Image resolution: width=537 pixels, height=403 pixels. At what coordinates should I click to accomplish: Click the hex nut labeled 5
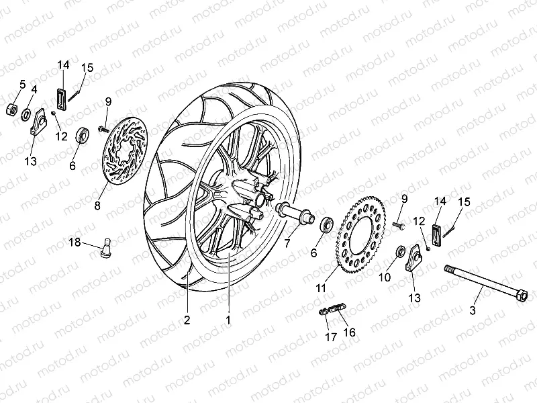coord(12,109)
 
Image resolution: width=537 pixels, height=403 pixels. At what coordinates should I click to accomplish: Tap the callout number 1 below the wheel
coord(228,320)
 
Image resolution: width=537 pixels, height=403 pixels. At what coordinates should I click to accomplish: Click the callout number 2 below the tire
coord(187,320)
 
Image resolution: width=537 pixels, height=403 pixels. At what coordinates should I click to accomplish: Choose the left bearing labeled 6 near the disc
coord(83,134)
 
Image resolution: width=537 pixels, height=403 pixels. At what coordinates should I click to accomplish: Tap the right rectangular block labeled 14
coord(434,233)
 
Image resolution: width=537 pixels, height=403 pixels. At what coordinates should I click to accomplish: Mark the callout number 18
coord(76,242)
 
